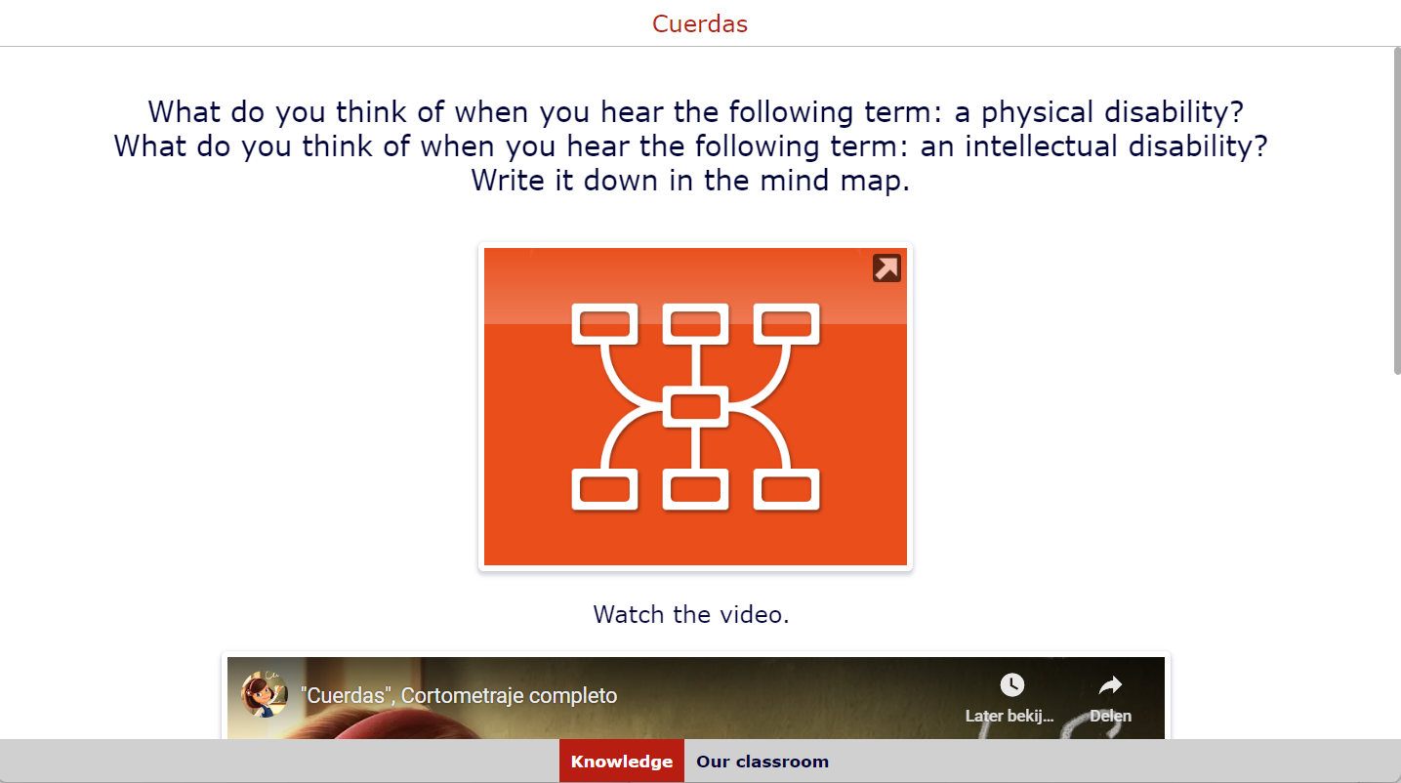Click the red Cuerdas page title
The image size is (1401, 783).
click(x=700, y=23)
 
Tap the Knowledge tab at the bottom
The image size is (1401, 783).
click(x=622, y=762)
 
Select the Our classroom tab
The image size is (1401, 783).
click(x=762, y=762)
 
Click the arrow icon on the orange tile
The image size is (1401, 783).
click(x=886, y=268)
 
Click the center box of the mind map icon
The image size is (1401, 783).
click(x=695, y=407)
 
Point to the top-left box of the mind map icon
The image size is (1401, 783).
click(x=604, y=324)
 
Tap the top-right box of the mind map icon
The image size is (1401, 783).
click(x=786, y=324)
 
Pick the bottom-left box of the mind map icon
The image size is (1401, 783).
click(x=604, y=489)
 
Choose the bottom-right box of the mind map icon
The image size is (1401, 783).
click(x=786, y=489)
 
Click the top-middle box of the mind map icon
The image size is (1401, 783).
click(x=695, y=324)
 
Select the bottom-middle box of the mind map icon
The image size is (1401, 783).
click(x=695, y=489)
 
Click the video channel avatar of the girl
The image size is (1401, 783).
click(x=265, y=694)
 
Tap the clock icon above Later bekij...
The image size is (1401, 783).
click(x=1012, y=684)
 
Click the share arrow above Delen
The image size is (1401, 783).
click(x=1110, y=684)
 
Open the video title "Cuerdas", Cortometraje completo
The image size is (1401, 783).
click(x=459, y=695)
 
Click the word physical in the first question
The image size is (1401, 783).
click(x=1037, y=113)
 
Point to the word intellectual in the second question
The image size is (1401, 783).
click(x=1041, y=146)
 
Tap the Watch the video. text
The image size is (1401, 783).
click(x=691, y=614)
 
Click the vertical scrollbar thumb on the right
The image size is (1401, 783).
click(x=1397, y=211)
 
